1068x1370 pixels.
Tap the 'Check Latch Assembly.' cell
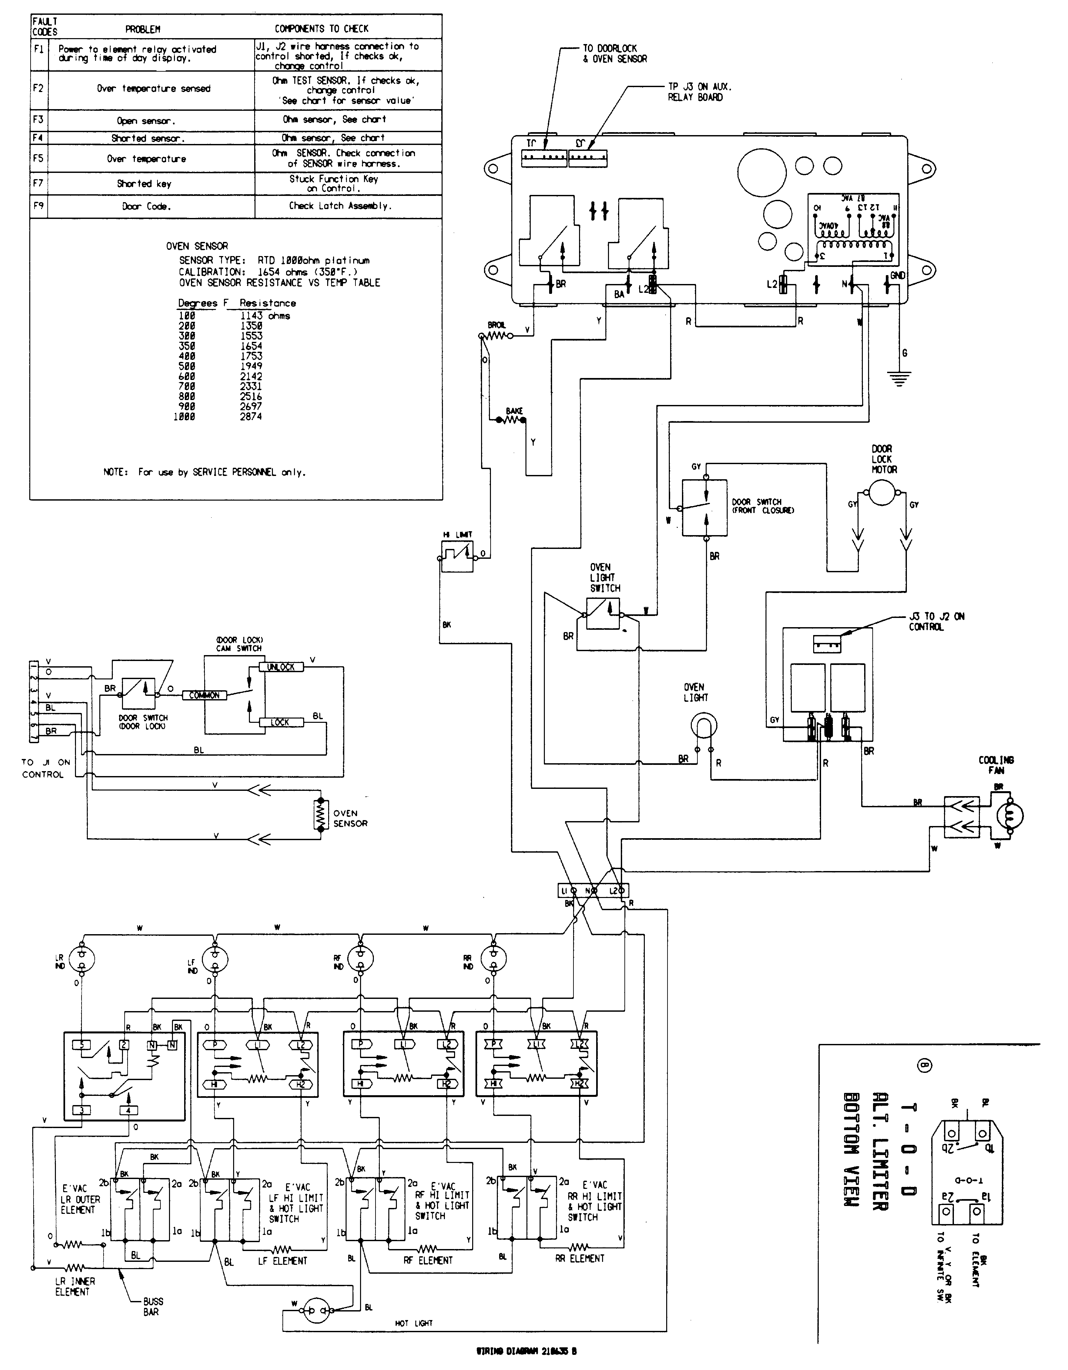coord(340,206)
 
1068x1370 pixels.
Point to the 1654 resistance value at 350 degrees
coord(251,346)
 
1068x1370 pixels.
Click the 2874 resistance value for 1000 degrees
coord(251,416)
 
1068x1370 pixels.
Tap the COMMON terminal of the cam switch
coord(204,695)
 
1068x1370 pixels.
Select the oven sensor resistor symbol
coord(321,814)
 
